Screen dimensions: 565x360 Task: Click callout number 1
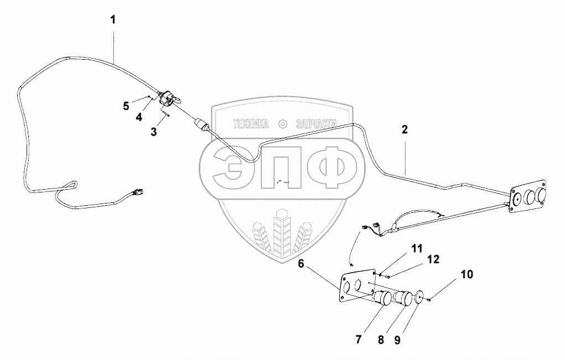point(113,20)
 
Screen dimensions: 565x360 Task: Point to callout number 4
point(138,117)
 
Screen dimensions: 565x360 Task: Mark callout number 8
point(381,339)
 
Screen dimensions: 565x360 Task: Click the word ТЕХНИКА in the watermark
point(250,124)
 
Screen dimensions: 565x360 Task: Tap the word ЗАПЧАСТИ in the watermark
point(317,124)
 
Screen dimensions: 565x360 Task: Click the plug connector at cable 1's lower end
point(137,193)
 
